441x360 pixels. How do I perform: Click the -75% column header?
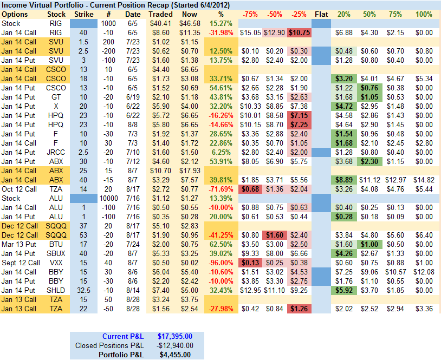(250, 14)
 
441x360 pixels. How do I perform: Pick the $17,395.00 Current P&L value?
(175, 336)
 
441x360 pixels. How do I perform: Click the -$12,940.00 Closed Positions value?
(174, 345)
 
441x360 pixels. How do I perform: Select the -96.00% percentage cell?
(220, 263)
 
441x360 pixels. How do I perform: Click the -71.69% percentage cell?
(220, 189)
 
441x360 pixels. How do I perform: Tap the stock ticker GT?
(56, 96)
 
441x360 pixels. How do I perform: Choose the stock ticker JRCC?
(56, 152)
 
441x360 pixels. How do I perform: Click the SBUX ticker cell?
(56, 253)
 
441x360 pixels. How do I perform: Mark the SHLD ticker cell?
(56, 291)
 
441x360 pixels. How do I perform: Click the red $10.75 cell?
(300, 33)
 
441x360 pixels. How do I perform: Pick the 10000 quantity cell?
(108, 198)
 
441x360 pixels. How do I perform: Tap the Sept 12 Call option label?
(20, 263)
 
